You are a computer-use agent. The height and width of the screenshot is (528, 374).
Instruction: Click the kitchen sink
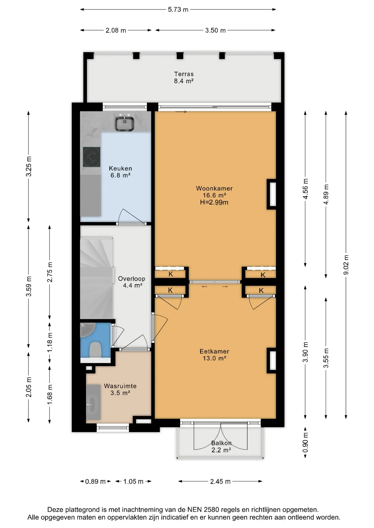(124, 123)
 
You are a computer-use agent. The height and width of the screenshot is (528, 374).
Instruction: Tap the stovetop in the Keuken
(91, 157)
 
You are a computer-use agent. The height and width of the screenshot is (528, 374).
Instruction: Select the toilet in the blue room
(95, 350)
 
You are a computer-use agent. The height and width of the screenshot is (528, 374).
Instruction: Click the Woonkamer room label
(214, 188)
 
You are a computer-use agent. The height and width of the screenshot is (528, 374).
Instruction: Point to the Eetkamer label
(214, 351)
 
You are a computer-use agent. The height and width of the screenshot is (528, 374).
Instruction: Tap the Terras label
(184, 74)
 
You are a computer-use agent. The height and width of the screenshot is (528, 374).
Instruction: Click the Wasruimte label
(120, 386)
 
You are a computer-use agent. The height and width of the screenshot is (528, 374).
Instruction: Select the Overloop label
(132, 279)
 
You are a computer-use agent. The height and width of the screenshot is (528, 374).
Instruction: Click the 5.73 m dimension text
(178, 9)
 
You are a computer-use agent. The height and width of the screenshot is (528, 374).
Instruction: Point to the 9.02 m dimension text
(346, 265)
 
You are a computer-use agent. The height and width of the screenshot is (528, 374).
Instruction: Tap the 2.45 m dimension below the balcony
(220, 481)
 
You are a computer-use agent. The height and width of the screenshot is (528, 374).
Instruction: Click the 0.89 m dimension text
(95, 481)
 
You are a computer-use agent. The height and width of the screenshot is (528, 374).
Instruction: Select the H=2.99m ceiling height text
(214, 202)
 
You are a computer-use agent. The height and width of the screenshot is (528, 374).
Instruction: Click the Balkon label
(221, 443)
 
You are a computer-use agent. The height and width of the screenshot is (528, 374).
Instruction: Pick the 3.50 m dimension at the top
(215, 30)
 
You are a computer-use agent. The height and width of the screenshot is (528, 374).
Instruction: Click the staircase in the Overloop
(96, 278)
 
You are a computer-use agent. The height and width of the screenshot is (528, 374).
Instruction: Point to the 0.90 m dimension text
(305, 442)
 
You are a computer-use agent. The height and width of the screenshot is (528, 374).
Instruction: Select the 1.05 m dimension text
(133, 481)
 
